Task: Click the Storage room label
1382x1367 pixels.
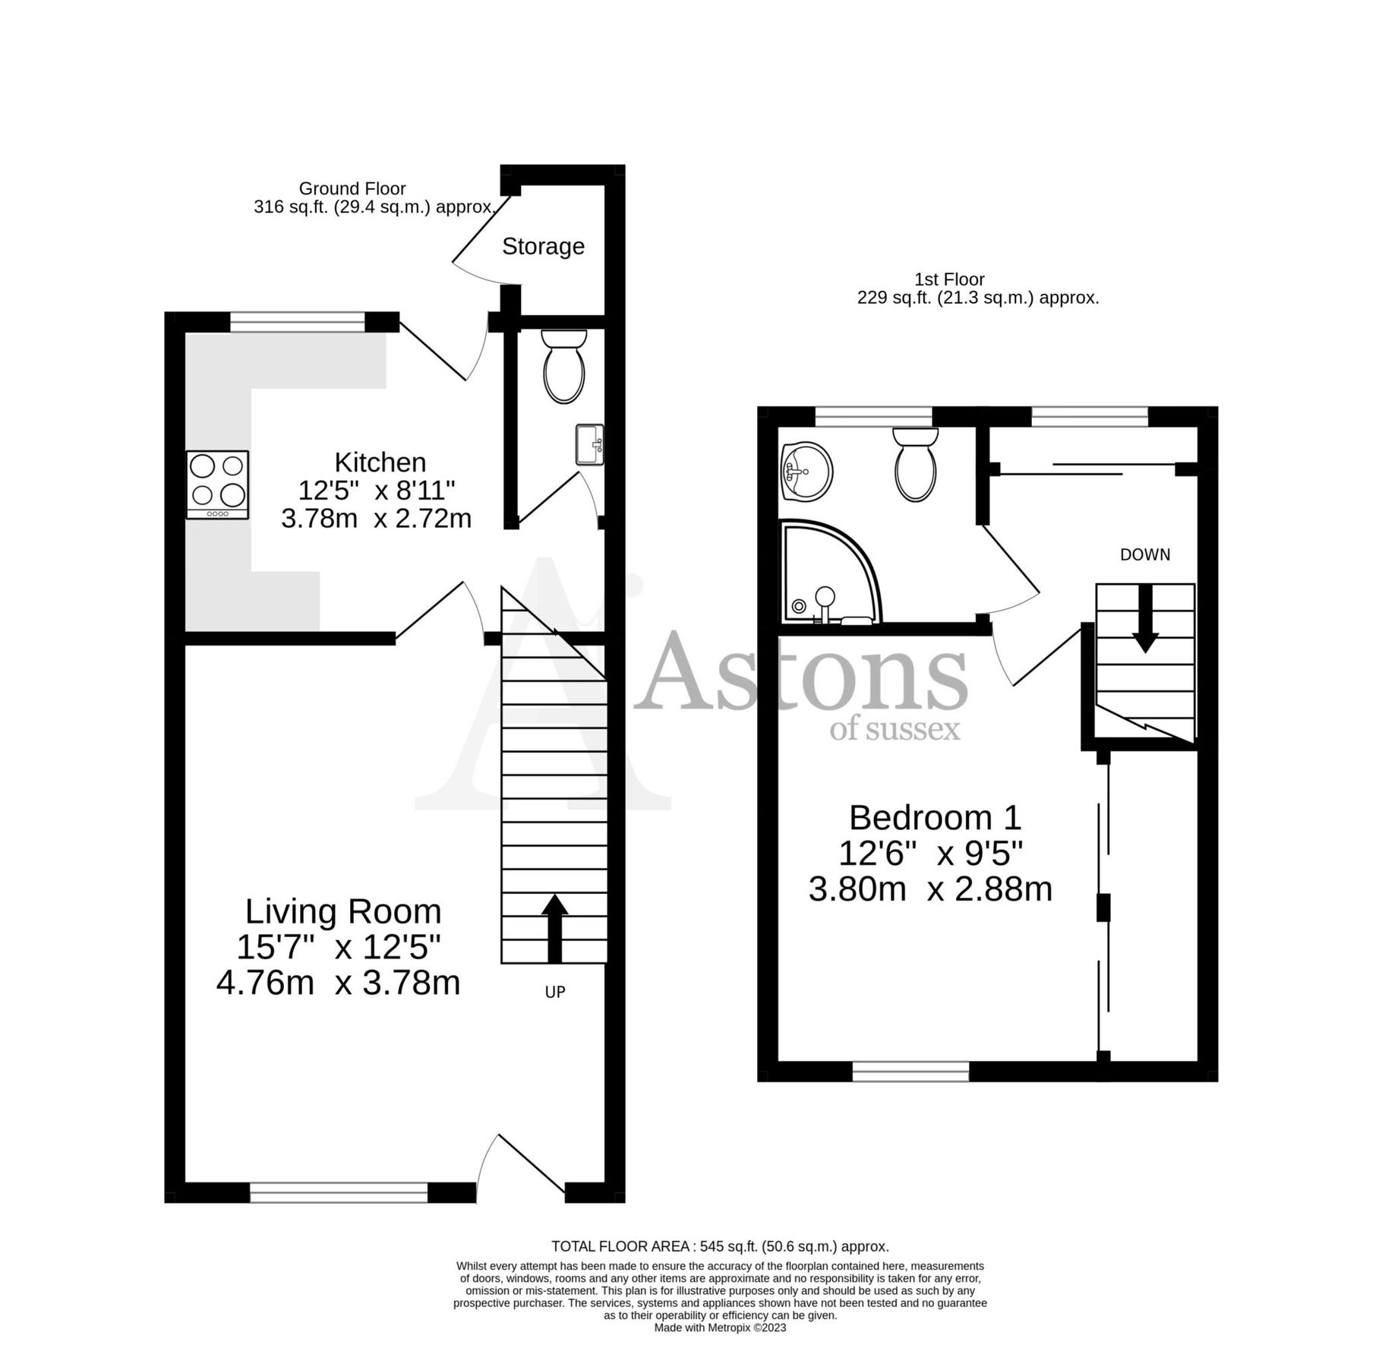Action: tap(543, 246)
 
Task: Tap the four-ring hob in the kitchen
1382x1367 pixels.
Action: tap(218, 485)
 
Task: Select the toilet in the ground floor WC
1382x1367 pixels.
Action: tap(564, 367)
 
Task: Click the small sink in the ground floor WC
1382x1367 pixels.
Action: tap(590, 444)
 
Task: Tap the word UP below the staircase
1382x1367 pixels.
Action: tap(555, 992)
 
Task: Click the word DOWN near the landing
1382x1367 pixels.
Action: tap(1145, 555)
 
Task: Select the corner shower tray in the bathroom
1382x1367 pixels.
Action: tap(828, 574)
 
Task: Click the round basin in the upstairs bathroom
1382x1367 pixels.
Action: tap(806, 472)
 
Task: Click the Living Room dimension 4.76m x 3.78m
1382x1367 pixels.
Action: tap(339, 983)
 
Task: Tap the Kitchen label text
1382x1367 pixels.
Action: tap(380, 462)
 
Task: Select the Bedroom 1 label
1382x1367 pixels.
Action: tap(935, 818)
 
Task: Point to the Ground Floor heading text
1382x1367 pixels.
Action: tap(352, 188)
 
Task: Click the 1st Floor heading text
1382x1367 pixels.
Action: tap(949, 279)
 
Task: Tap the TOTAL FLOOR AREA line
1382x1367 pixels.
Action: tap(720, 1246)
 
